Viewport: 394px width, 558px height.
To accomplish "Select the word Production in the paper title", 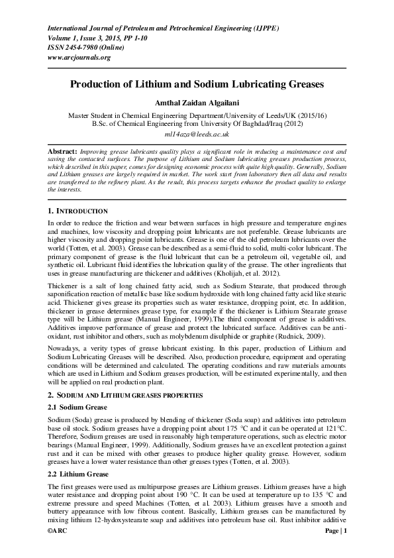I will (100, 85).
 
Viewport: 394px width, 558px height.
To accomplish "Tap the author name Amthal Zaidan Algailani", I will (197, 103).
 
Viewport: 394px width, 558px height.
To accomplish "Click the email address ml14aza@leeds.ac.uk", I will (197, 134).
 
